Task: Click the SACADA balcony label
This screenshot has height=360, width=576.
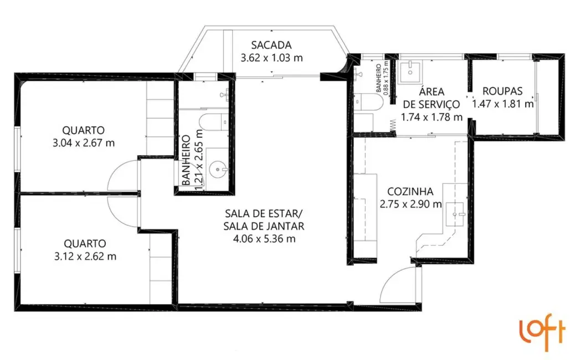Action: tap(271, 45)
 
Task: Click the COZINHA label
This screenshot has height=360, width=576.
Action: tap(410, 191)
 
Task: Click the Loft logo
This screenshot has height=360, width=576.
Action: tap(542, 332)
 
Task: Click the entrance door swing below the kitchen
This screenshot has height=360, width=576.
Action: tap(400, 285)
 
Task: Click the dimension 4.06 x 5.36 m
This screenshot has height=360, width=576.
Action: tap(264, 239)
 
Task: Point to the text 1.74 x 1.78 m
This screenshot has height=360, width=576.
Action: tap(431, 117)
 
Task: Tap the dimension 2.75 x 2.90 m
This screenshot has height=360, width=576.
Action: tap(411, 204)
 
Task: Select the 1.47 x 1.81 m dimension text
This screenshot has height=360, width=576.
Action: tap(502, 103)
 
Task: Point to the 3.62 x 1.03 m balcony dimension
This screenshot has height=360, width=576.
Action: tap(271, 57)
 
